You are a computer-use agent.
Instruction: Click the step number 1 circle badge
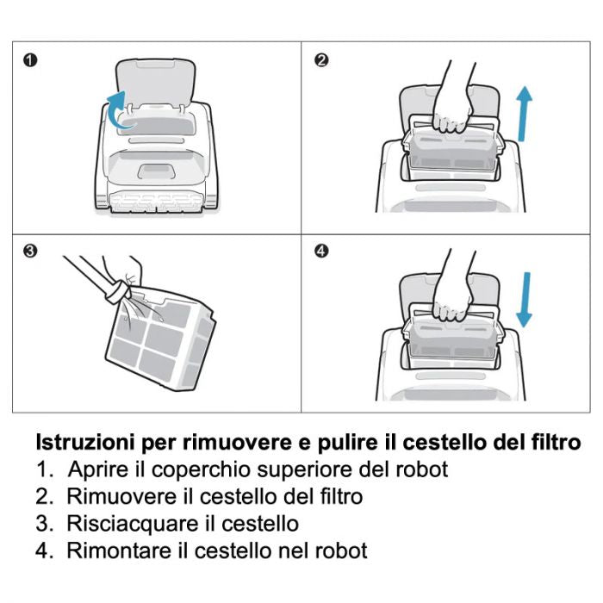tap(31, 60)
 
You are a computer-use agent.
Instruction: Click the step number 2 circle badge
tap(321, 60)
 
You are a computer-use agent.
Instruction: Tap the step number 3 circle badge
tap(31, 252)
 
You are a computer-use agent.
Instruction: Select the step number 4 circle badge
tap(321, 252)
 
